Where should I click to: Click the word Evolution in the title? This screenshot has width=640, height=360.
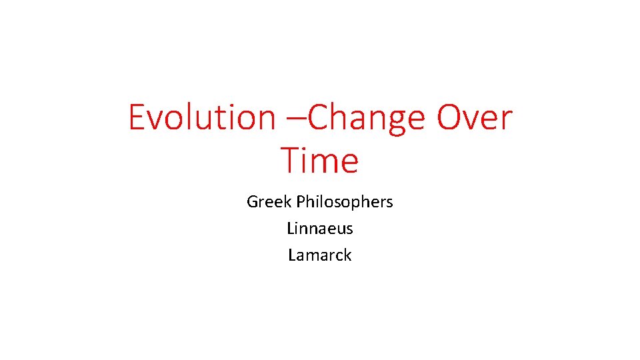click(x=201, y=117)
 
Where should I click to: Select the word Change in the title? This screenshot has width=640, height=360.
click(x=365, y=117)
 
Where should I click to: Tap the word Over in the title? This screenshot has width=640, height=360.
click(x=475, y=117)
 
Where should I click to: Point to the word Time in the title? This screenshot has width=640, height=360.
click(x=319, y=161)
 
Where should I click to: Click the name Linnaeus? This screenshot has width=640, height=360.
click(x=319, y=228)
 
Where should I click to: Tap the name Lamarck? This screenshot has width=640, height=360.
click(x=319, y=255)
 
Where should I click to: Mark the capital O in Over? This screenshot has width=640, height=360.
click(x=450, y=117)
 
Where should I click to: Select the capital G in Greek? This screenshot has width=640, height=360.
click(x=253, y=201)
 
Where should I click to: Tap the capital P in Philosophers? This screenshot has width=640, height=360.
click(x=301, y=201)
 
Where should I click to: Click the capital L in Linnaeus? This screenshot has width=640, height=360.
click(x=291, y=228)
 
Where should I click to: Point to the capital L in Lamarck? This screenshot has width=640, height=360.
click(x=292, y=255)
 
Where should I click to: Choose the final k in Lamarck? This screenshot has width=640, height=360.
click(x=347, y=255)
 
